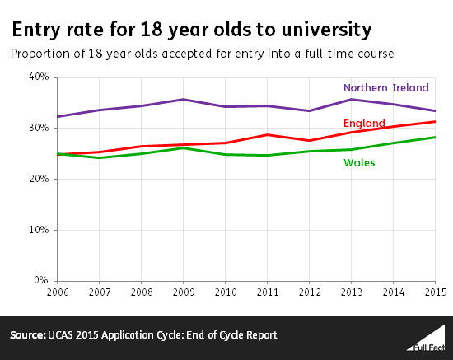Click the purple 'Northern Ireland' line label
coord(385,88)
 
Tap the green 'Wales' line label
coord(359,162)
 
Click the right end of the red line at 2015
coord(434,122)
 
